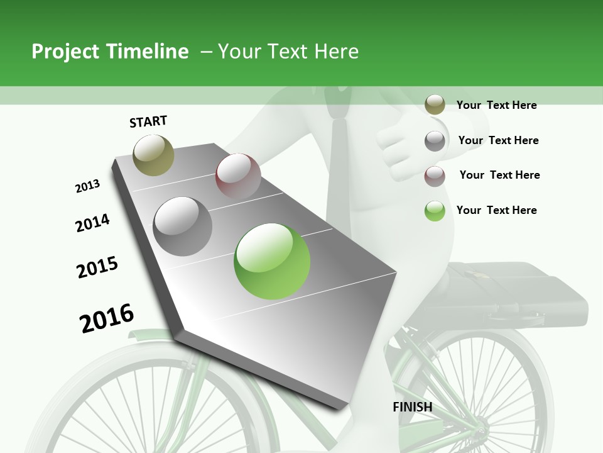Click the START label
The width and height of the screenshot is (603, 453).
click(x=148, y=121)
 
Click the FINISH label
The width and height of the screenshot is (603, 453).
click(x=413, y=407)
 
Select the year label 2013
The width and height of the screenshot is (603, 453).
click(x=87, y=186)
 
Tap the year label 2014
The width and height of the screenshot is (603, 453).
click(x=92, y=223)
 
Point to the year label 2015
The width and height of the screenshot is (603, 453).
click(x=97, y=267)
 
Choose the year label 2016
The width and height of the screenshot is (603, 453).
click(x=107, y=318)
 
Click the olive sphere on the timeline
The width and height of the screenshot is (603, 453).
click(x=153, y=155)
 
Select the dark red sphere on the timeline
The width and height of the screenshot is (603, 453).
click(x=238, y=176)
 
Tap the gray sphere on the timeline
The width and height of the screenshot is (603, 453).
click(x=183, y=226)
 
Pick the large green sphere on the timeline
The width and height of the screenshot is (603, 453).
click(x=272, y=261)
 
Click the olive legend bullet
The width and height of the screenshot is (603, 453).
click(x=435, y=105)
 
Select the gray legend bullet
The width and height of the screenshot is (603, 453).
click(x=435, y=141)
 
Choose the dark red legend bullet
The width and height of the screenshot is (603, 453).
click(x=435, y=176)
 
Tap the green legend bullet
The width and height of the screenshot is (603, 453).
click(x=435, y=211)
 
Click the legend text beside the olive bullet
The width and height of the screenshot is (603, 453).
click(x=496, y=105)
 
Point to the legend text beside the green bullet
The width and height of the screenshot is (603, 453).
click(x=496, y=210)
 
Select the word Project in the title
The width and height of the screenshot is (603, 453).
click(x=64, y=52)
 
